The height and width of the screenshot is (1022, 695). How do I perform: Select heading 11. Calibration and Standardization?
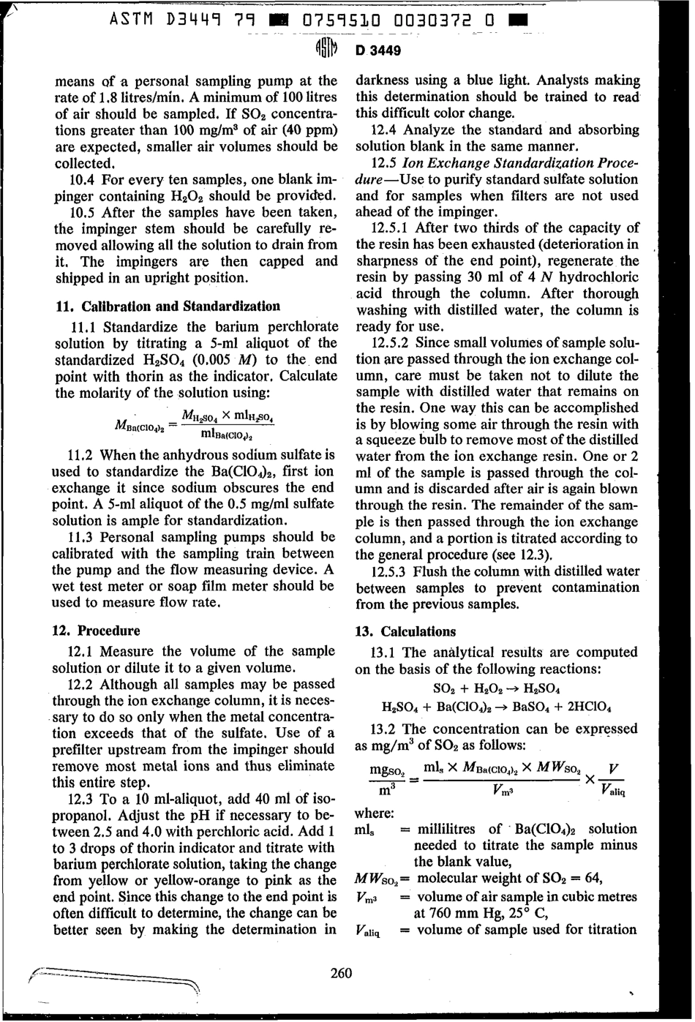click(x=168, y=306)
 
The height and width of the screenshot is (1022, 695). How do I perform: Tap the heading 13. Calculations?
click(x=405, y=631)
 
